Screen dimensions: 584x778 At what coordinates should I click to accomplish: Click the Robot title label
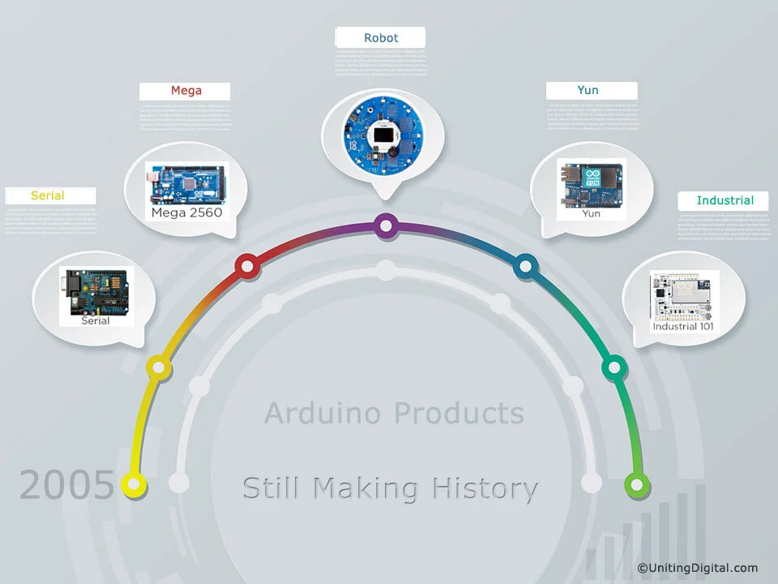[381, 38]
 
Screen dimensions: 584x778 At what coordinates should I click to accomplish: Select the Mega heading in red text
[186, 91]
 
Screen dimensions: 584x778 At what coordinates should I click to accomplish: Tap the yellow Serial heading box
[48, 195]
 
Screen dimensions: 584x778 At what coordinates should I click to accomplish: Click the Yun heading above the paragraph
[588, 90]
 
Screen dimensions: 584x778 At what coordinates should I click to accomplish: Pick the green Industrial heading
[725, 200]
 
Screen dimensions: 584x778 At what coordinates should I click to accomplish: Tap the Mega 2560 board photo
[185, 184]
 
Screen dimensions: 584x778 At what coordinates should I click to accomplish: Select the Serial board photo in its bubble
[95, 292]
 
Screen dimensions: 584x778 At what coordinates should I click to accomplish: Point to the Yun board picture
[590, 186]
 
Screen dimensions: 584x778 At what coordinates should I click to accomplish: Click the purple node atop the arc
[387, 225]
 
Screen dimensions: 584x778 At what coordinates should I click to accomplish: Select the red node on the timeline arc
[246, 265]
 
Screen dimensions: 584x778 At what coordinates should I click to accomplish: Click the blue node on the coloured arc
[526, 264]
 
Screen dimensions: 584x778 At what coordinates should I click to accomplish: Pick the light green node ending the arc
[637, 485]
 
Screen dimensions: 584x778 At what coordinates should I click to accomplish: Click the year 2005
[66, 486]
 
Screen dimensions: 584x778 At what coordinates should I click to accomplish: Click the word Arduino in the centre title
[323, 414]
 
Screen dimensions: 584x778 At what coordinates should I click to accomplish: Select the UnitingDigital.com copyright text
[698, 568]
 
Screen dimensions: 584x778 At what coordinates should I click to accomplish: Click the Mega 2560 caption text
[186, 213]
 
